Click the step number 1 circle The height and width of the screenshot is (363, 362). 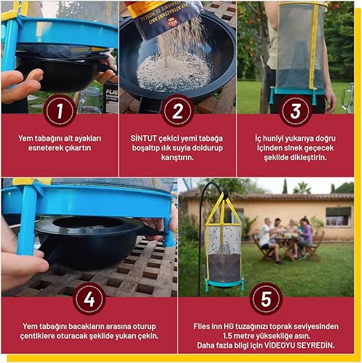60,111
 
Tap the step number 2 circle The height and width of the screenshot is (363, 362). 178,111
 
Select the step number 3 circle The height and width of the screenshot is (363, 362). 295,111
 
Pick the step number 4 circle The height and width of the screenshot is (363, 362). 89,299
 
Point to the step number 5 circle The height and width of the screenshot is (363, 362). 266,299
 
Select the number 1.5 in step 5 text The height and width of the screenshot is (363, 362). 228,336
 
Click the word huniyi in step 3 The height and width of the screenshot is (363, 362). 273,139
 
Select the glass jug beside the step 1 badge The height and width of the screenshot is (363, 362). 91,100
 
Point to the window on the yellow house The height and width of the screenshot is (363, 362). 338,217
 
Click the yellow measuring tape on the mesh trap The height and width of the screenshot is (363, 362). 313,46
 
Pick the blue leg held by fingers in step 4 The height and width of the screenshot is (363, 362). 26,220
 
